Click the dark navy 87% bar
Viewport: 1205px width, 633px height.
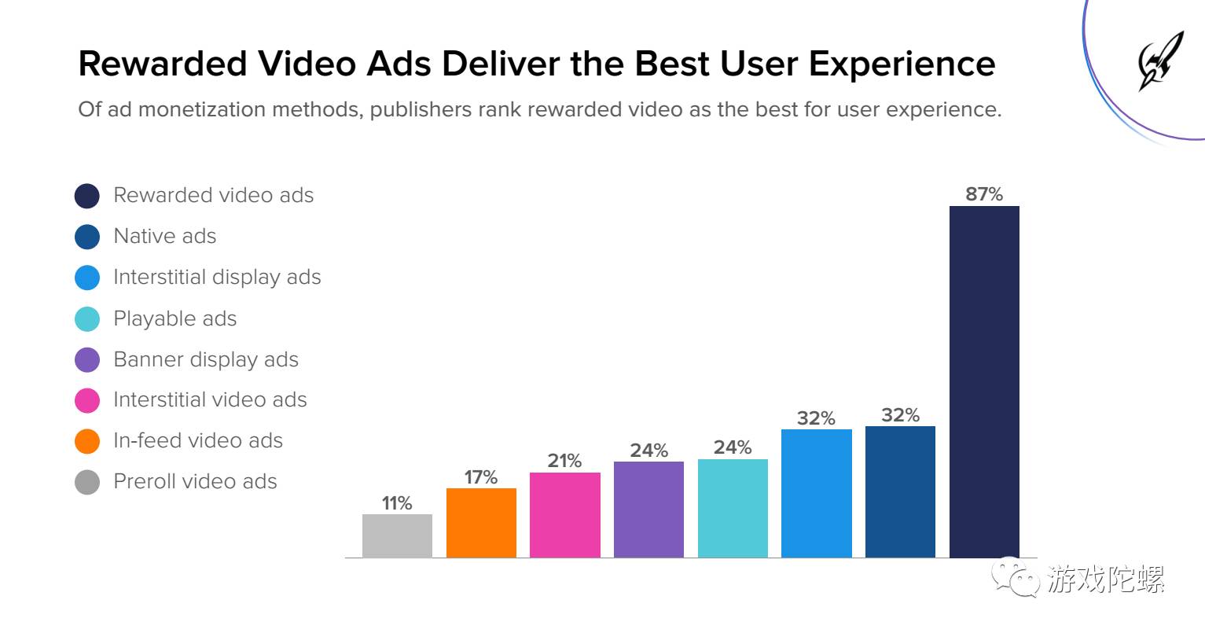984,381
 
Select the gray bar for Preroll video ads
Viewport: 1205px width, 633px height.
397,535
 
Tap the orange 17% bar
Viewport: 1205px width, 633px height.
481,523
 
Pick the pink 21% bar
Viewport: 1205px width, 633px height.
565,515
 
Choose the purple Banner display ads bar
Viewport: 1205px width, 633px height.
648,510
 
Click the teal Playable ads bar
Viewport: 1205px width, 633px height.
733,508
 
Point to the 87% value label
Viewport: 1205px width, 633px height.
984,194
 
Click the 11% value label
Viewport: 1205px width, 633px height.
397,503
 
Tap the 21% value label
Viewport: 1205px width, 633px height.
564,461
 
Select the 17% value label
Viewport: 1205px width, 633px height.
481,477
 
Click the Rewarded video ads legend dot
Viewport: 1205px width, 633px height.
87,196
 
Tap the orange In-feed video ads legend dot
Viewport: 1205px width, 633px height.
87,441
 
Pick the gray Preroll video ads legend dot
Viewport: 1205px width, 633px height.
87,482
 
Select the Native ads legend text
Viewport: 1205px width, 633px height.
164,236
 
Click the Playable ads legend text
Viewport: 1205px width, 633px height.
175,318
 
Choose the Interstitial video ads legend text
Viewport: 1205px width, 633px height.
210,399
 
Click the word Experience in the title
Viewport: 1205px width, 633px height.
902,64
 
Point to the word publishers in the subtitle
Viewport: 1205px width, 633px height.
420,109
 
